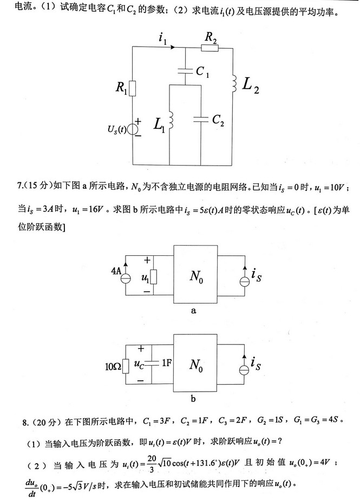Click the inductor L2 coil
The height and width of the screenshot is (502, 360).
coord(234,83)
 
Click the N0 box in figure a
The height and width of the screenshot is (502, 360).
coord(195,276)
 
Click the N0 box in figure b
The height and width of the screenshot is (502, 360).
coord(195,366)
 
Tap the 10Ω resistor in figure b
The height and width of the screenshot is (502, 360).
coord(126,367)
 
